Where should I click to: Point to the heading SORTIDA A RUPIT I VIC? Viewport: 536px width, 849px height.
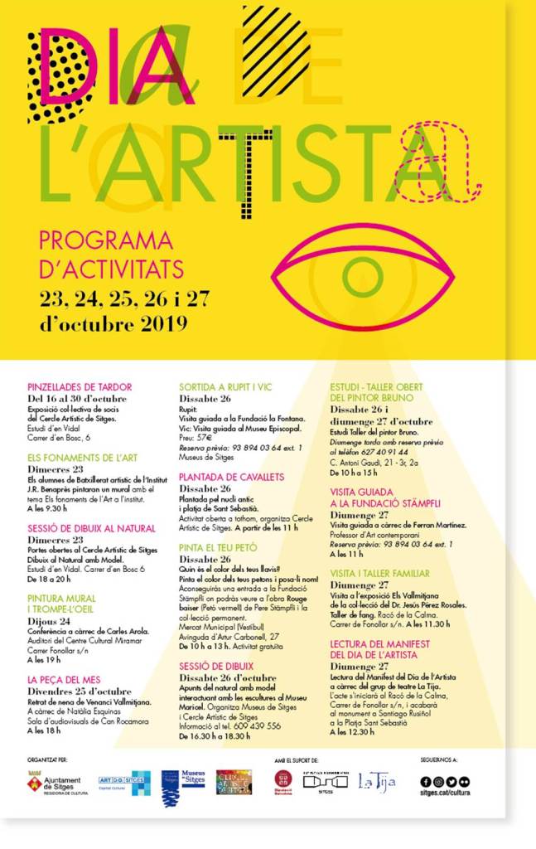coord(225,387)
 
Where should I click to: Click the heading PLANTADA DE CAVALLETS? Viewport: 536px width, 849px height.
coord(231,478)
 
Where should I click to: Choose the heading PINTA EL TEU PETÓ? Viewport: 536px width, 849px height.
coord(218,548)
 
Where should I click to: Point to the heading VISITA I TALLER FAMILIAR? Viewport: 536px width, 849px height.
coord(379,574)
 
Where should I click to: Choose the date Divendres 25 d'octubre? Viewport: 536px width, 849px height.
coord(80,691)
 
